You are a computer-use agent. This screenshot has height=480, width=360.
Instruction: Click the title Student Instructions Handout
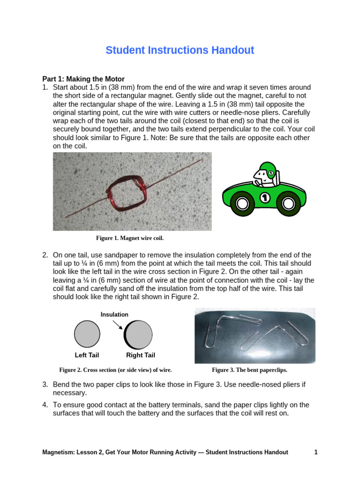180,50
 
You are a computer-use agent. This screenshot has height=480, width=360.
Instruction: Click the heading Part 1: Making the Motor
83,79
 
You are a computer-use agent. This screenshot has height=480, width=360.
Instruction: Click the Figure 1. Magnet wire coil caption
130,238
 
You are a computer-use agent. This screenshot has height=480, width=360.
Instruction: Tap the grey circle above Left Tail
87,334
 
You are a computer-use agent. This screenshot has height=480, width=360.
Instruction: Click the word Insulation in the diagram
114,315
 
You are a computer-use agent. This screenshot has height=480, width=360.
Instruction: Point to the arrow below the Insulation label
118,324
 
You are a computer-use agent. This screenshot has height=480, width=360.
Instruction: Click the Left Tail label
87,355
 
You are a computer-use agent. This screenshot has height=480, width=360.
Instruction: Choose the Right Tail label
141,355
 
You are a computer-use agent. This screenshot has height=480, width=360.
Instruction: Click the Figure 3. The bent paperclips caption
249,370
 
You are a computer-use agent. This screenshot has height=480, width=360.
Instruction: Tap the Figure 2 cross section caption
115,370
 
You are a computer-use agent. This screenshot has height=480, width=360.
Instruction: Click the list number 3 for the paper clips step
45,384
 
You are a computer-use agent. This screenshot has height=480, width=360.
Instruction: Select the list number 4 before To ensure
45,405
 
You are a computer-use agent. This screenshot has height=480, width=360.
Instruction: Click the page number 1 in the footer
316,452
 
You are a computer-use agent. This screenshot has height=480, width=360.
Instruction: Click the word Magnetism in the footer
57,452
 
